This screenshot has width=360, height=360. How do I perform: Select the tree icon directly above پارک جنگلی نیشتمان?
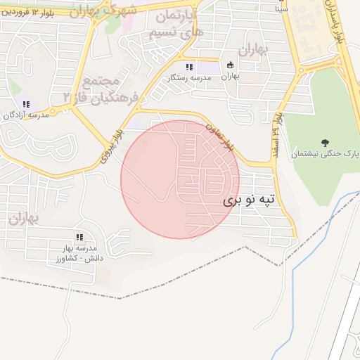(324, 142)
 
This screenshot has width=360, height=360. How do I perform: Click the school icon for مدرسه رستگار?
(189, 67)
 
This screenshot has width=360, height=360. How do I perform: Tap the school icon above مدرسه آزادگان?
(26, 104)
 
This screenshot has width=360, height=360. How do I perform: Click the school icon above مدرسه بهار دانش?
(79, 238)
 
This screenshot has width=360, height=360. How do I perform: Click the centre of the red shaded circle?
(180, 179)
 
